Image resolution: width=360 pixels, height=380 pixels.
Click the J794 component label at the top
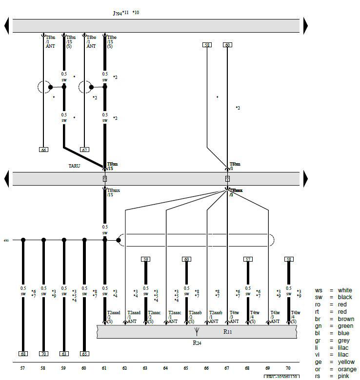[118, 13]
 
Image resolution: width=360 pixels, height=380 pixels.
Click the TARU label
[74, 166]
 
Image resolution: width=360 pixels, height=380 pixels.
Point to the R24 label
[196, 342]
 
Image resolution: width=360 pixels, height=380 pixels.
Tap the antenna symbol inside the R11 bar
[196, 331]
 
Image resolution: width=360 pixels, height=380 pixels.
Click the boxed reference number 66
[44, 150]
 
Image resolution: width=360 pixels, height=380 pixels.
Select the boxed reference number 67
[84, 150]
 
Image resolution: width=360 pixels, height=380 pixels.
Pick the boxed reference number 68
[23, 354]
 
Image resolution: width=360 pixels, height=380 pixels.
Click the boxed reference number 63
[64, 354]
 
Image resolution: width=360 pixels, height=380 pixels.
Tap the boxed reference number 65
[84, 354]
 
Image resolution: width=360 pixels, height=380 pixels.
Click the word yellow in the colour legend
[345, 362]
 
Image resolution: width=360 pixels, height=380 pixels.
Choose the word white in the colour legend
[344, 290]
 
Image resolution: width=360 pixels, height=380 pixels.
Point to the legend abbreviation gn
[318, 326]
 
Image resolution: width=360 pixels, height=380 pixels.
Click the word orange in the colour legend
[346, 369]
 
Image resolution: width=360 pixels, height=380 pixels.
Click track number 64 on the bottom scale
[166, 369]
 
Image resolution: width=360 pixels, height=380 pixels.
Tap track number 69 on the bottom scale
[268, 369]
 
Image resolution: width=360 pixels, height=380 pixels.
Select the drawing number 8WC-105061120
[281, 377]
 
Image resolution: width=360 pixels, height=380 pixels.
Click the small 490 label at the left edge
[6, 240]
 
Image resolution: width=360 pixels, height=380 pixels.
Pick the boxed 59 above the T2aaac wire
[145, 259]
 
